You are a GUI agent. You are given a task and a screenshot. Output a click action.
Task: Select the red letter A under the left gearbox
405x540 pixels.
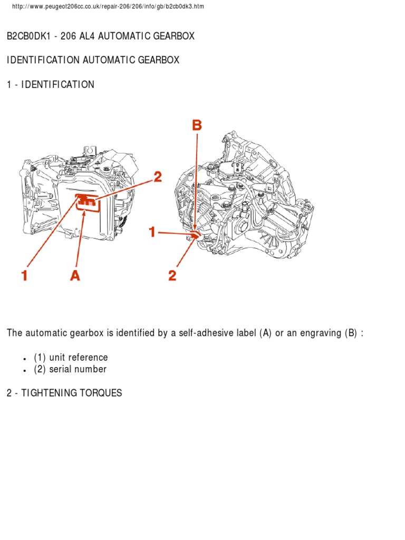(x=75, y=275)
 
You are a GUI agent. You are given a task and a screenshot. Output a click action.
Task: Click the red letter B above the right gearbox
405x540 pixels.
(x=197, y=126)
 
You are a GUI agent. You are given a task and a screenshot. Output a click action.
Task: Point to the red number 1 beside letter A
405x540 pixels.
(x=24, y=275)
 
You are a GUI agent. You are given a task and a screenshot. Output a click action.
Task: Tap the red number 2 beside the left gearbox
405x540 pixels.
(x=157, y=177)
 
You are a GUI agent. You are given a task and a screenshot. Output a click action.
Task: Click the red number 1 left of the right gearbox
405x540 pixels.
(x=152, y=232)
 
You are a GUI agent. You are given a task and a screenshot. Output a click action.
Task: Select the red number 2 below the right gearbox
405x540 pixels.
(x=172, y=275)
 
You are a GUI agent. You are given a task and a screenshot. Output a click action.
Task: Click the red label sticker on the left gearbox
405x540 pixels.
(x=88, y=202)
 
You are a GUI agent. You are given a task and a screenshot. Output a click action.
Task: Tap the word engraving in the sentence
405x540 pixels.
(x=320, y=333)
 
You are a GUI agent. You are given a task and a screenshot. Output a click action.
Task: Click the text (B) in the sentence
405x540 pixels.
(x=351, y=333)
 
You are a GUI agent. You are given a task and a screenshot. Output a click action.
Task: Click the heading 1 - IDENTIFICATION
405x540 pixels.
(x=51, y=84)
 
